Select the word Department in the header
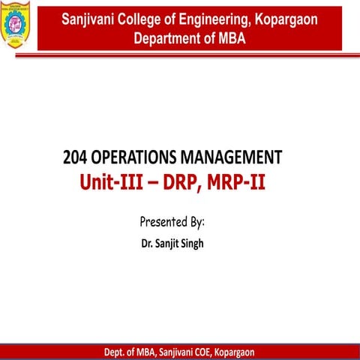[167, 37]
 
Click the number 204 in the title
[76, 157]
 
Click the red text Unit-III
[111, 182]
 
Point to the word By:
[196, 222]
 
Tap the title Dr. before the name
[147, 244]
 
